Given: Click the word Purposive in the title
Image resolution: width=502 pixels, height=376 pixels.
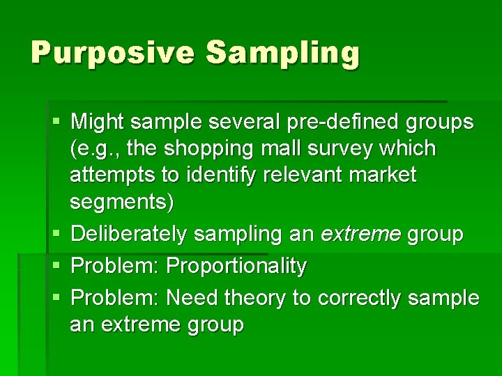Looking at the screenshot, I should coord(111,53).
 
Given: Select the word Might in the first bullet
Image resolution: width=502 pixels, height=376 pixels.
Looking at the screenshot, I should coord(97,123).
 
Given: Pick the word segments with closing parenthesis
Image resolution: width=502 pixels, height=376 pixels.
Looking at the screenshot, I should coord(123,203).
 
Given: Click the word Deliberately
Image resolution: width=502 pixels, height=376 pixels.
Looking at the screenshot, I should coord(129,235).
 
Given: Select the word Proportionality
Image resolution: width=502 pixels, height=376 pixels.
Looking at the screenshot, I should coord(237,265).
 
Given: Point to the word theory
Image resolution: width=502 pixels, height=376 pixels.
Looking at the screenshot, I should coord(255,298).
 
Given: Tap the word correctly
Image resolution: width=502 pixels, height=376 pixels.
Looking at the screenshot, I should coord(358,298).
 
